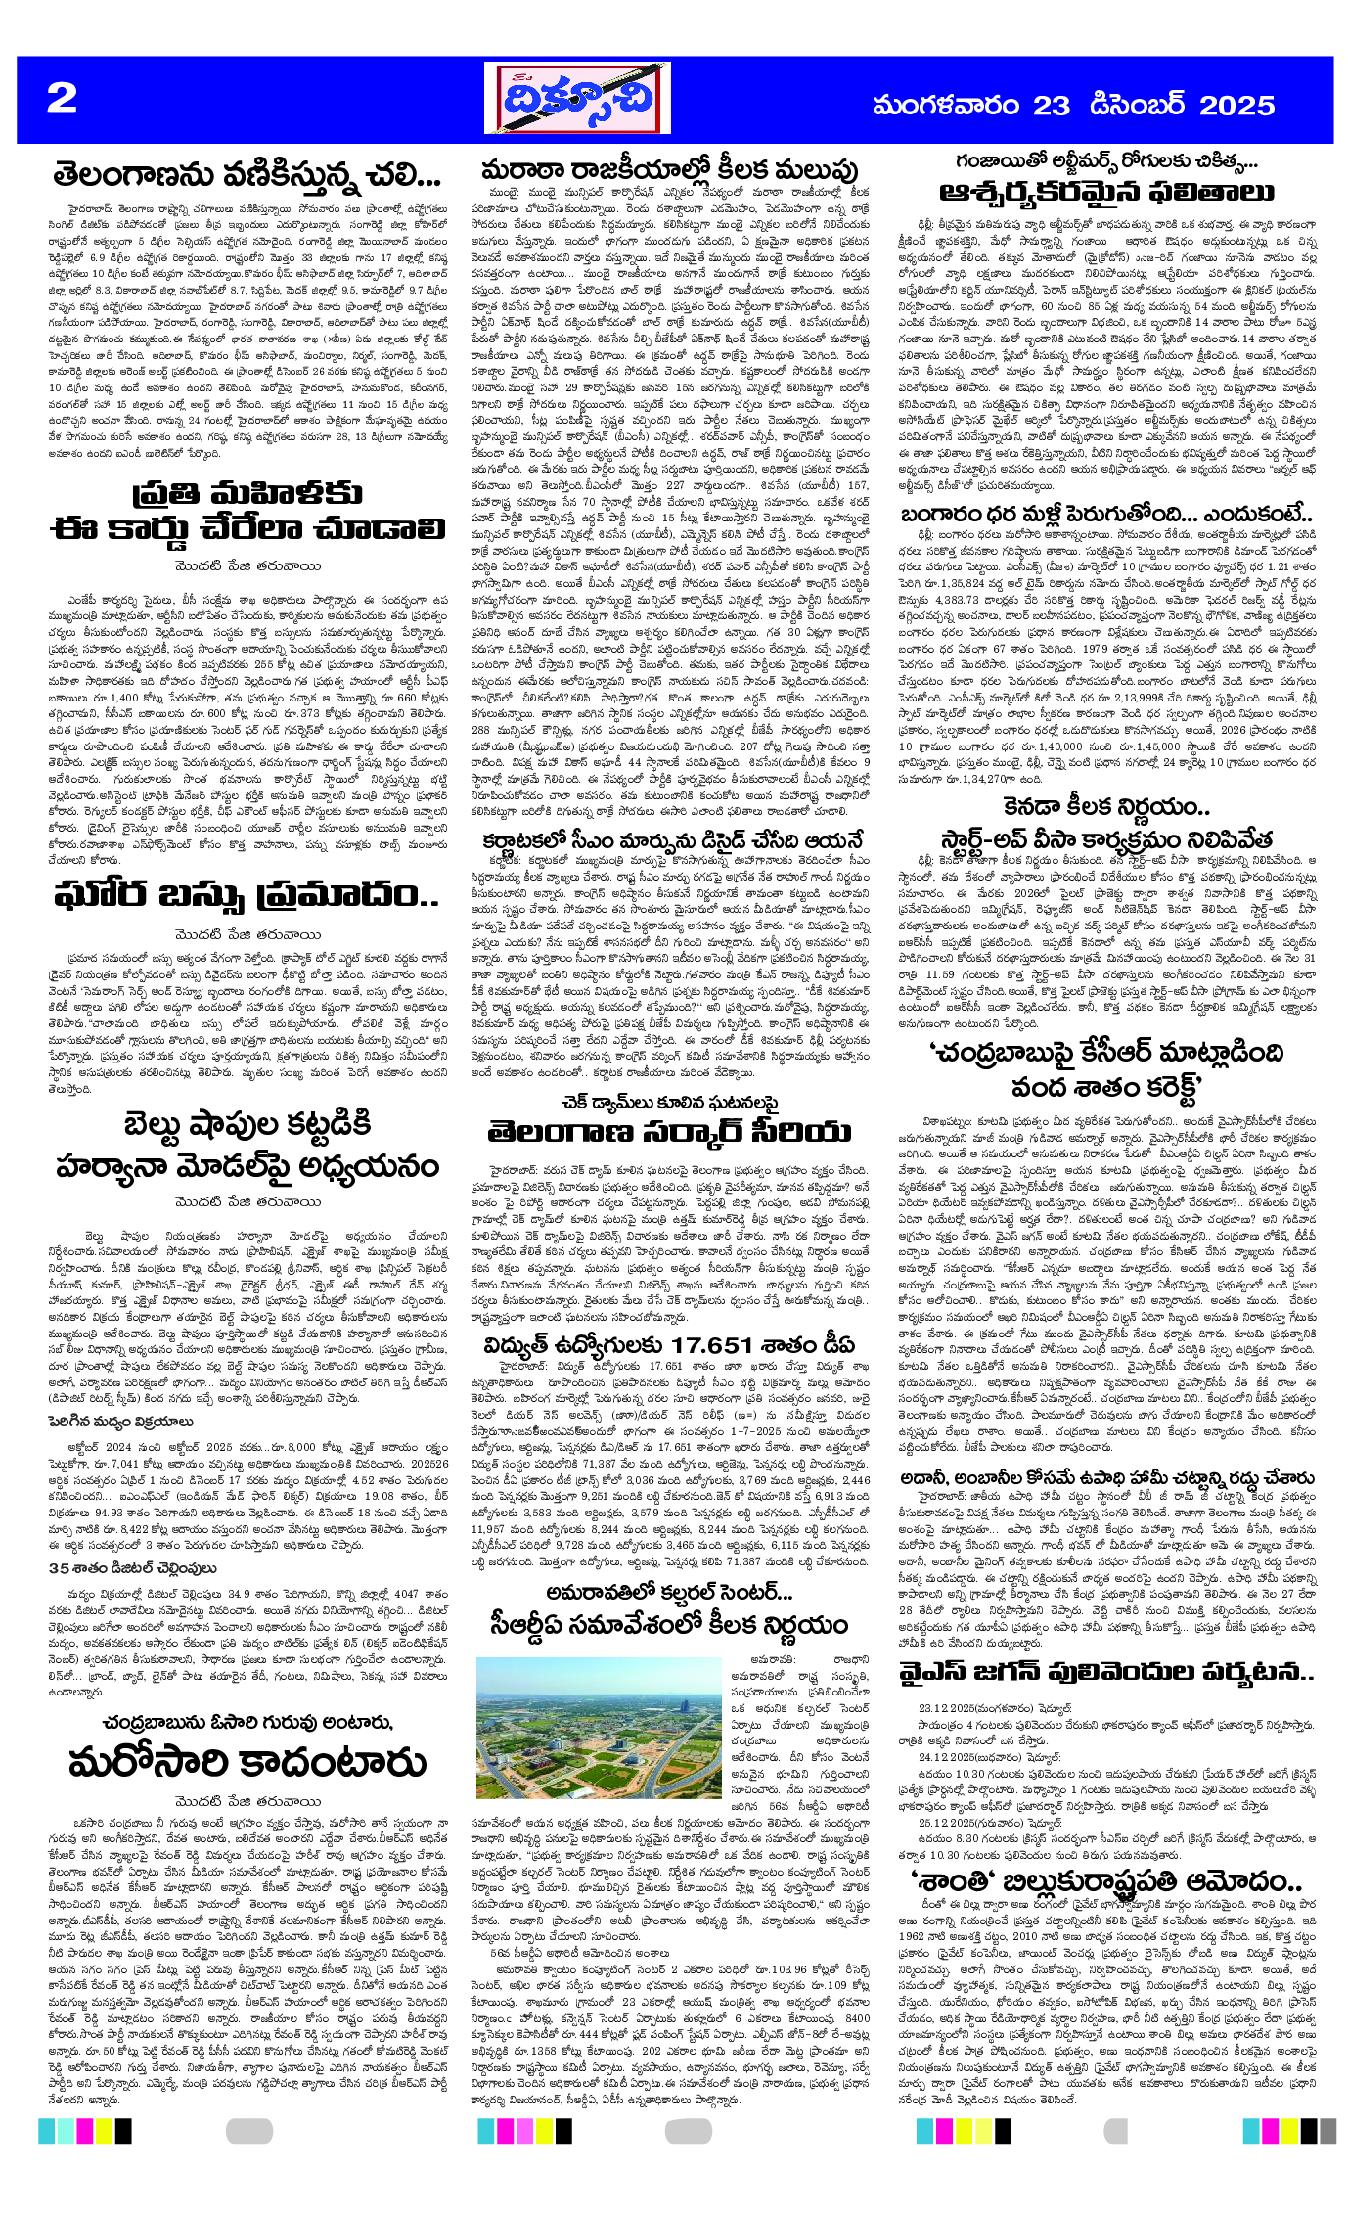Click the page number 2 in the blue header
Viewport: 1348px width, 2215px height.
(x=62, y=98)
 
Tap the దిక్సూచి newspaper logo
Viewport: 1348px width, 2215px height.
(x=577, y=99)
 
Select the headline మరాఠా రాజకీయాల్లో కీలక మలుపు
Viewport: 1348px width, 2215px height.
(x=669, y=169)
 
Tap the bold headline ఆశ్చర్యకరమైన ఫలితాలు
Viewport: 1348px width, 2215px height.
(x=1106, y=191)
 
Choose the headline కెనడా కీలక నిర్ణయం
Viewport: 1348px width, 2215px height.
(x=1106, y=807)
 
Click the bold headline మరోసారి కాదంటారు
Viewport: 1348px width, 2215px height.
(x=247, y=1762)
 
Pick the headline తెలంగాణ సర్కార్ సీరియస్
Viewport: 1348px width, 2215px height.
(x=669, y=1133)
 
